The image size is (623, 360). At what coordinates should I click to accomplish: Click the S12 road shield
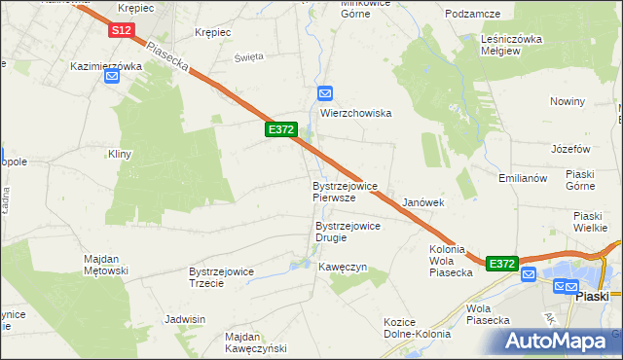pos(121,31)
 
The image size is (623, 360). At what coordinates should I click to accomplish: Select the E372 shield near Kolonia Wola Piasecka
pos(501,264)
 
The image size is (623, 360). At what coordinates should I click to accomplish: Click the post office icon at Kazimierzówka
pos(112,79)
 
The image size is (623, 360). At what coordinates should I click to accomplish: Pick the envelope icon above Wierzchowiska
pos(326,94)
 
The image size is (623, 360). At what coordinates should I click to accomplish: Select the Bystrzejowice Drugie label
pos(348,232)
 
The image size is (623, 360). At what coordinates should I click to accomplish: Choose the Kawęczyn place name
pos(342,267)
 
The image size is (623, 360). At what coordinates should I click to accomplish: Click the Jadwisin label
pos(185,319)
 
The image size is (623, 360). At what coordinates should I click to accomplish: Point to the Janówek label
pos(423,202)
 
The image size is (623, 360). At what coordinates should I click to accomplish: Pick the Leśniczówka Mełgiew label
pos(511,45)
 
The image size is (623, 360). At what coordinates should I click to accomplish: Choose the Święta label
pos(249,57)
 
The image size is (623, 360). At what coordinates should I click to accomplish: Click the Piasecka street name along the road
pos(166,54)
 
